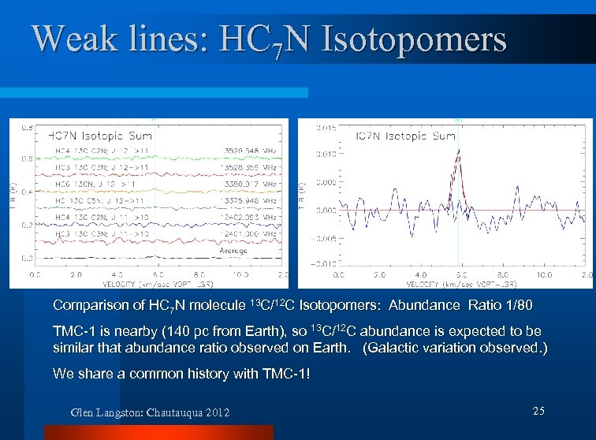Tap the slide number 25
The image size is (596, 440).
point(538,411)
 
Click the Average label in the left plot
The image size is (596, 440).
point(233,251)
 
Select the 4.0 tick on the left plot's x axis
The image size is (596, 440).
point(116,275)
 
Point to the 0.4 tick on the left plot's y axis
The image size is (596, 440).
point(26,191)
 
